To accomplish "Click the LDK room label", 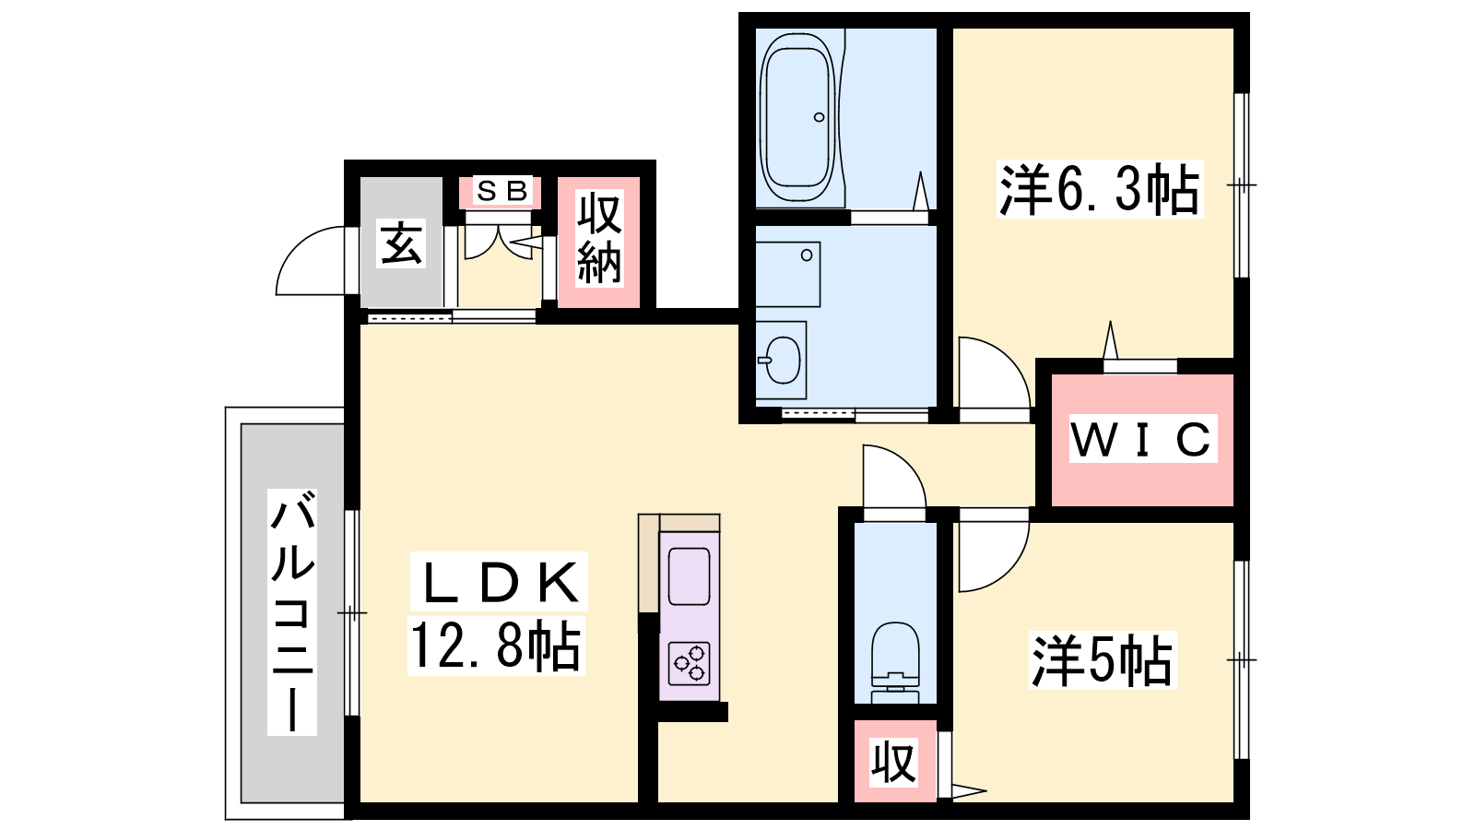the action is [x=499, y=582].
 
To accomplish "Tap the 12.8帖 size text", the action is [x=496, y=646].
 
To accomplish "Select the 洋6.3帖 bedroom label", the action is [x=1100, y=189].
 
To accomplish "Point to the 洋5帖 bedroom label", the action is [x=1103, y=660].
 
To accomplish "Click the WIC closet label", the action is [x=1142, y=439].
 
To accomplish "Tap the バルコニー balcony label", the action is [x=291, y=612].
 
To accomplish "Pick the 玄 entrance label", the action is [x=400, y=243].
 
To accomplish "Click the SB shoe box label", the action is [x=502, y=191].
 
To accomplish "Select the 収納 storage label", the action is [x=598, y=239].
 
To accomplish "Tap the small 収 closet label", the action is [x=893, y=762].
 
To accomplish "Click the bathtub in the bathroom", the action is [x=798, y=117].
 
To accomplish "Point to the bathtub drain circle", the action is [x=820, y=117].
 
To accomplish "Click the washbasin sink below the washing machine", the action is [x=783, y=360].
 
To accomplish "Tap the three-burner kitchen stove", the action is [x=690, y=663].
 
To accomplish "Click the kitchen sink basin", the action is [x=690, y=576].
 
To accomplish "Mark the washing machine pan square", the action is [x=788, y=274].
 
